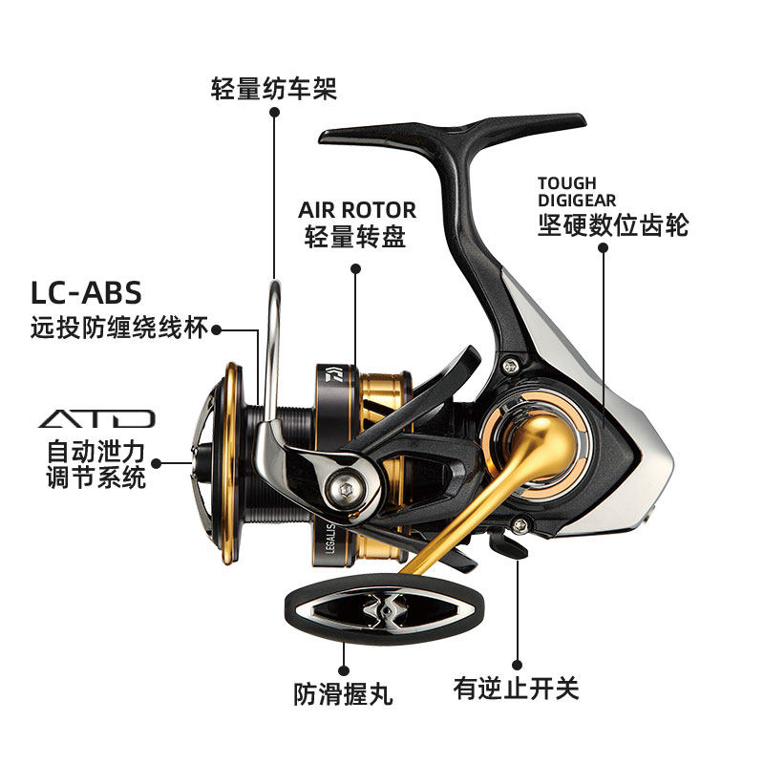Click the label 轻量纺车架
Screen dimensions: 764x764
[x=274, y=90]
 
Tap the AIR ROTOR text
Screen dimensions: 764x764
[x=356, y=209]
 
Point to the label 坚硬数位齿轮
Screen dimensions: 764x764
[x=612, y=225]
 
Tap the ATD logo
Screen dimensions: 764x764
[x=96, y=418]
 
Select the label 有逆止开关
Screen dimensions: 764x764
[x=516, y=690]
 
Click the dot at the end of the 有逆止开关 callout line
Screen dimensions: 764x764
[x=517, y=663]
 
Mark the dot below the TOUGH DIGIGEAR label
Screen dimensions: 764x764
[x=603, y=247]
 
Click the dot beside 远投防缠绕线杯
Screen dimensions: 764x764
[x=217, y=330]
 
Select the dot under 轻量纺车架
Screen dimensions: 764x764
[x=274, y=113]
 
